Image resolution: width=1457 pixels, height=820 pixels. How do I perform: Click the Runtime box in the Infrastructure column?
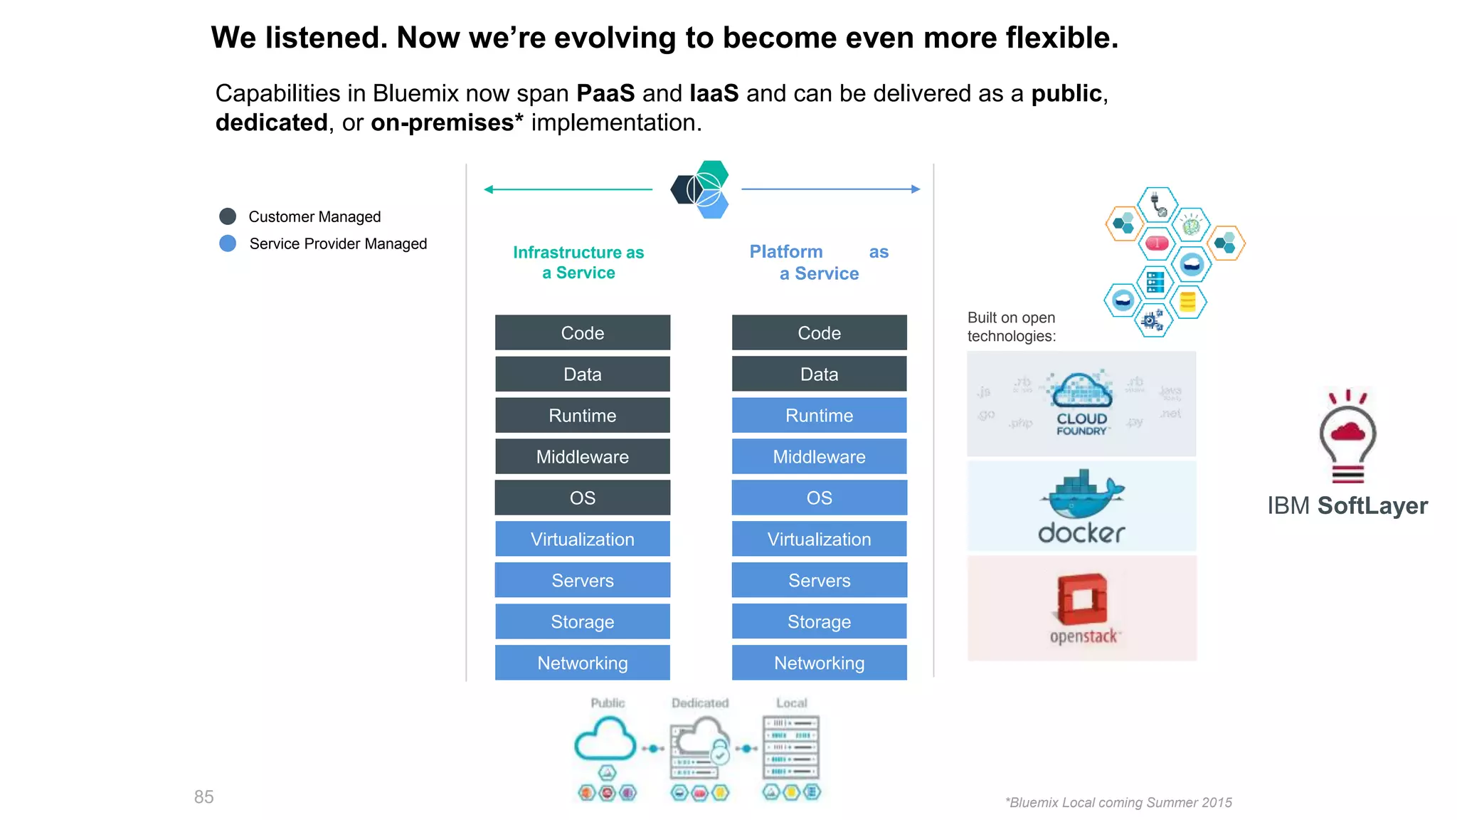click(582, 415)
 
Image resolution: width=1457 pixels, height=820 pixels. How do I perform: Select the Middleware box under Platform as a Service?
click(819, 456)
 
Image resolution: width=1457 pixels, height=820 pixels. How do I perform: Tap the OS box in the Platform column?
click(819, 498)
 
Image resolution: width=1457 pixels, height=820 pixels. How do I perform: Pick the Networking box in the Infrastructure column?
click(582, 663)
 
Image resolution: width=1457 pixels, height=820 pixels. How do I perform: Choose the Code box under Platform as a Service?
click(819, 332)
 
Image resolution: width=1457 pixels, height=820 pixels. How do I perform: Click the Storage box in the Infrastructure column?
click(582, 621)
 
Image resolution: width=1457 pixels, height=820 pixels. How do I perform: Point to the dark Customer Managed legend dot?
click(228, 216)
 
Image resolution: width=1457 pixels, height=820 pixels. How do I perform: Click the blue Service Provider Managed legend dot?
click(228, 243)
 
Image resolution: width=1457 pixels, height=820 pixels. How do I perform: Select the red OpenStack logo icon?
click(1081, 598)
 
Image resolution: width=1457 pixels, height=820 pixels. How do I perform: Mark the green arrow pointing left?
click(567, 189)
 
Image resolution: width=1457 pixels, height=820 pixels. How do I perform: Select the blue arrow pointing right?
click(831, 189)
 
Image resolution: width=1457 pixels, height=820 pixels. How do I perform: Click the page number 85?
click(203, 797)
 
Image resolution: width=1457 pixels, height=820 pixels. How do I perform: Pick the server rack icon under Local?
click(791, 747)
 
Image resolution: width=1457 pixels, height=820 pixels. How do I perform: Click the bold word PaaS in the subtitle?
click(605, 93)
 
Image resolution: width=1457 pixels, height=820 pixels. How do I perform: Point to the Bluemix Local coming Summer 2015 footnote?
click(1118, 802)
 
